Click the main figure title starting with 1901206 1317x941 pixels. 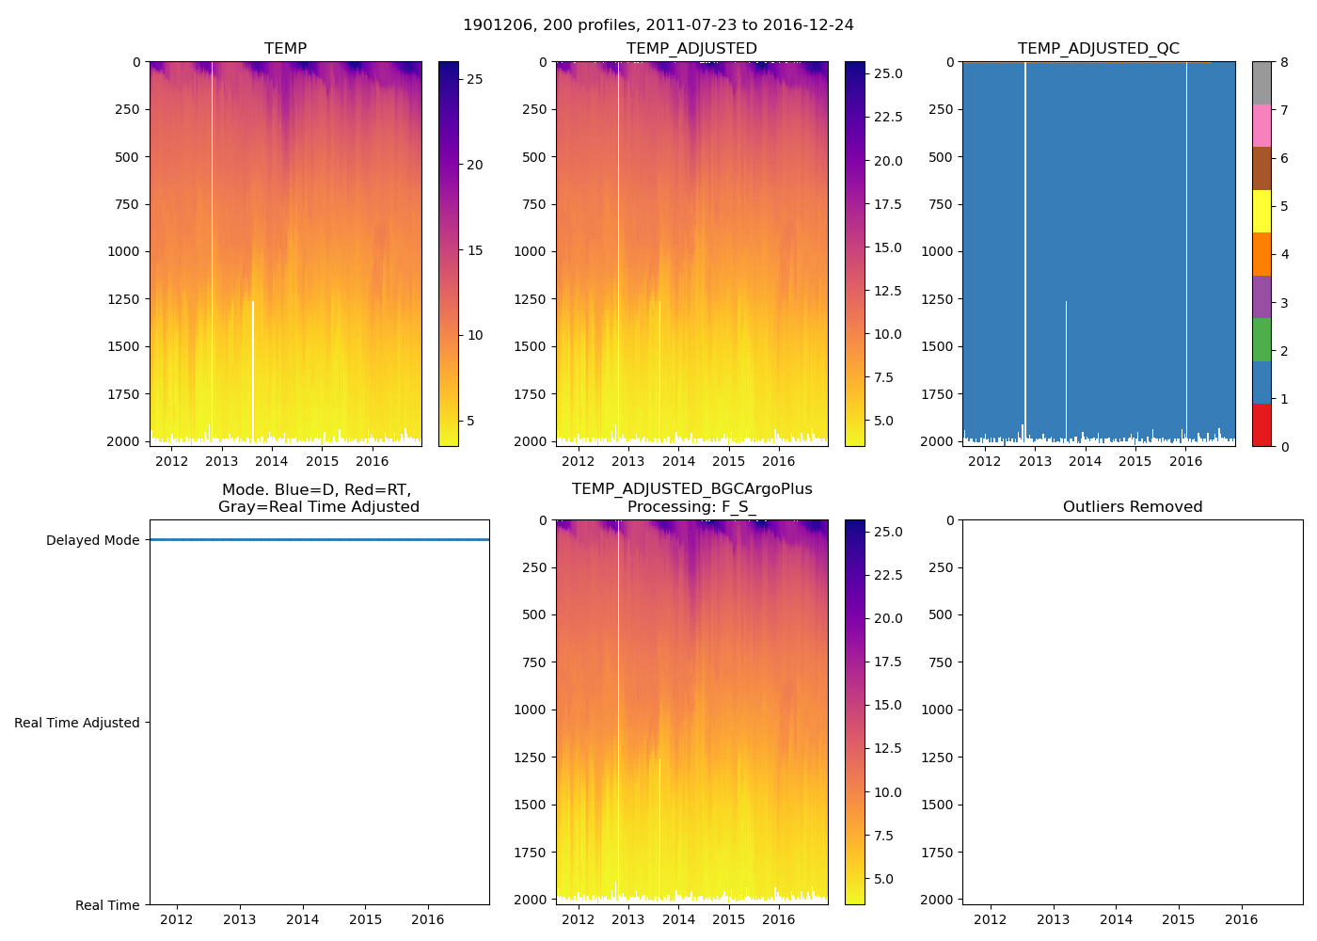pos(658,25)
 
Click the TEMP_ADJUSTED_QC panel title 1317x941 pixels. pos(1098,49)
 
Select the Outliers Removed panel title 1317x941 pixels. pos(1132,507)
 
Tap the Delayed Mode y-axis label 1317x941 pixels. pos(92,540)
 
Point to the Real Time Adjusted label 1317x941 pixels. pos(76,723)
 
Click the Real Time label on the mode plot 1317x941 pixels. pos(107,905)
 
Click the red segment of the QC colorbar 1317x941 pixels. pos(1261,424)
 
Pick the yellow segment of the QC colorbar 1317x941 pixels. pos(1261,211)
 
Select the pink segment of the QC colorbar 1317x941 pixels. pos(1261,125)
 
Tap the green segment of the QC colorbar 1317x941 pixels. pos(1261,339)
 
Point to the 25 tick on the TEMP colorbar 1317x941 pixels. pos(475,79)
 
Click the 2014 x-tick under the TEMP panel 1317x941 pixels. pos(272,461)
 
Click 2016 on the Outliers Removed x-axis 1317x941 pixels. pos(1241,919)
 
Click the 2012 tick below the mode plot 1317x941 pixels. pos(177,919)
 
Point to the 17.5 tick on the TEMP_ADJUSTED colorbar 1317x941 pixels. pos(888,204)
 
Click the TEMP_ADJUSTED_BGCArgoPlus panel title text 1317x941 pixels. pos(691,489)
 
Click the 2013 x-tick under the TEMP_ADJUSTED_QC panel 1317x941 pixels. pos(1035,461)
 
